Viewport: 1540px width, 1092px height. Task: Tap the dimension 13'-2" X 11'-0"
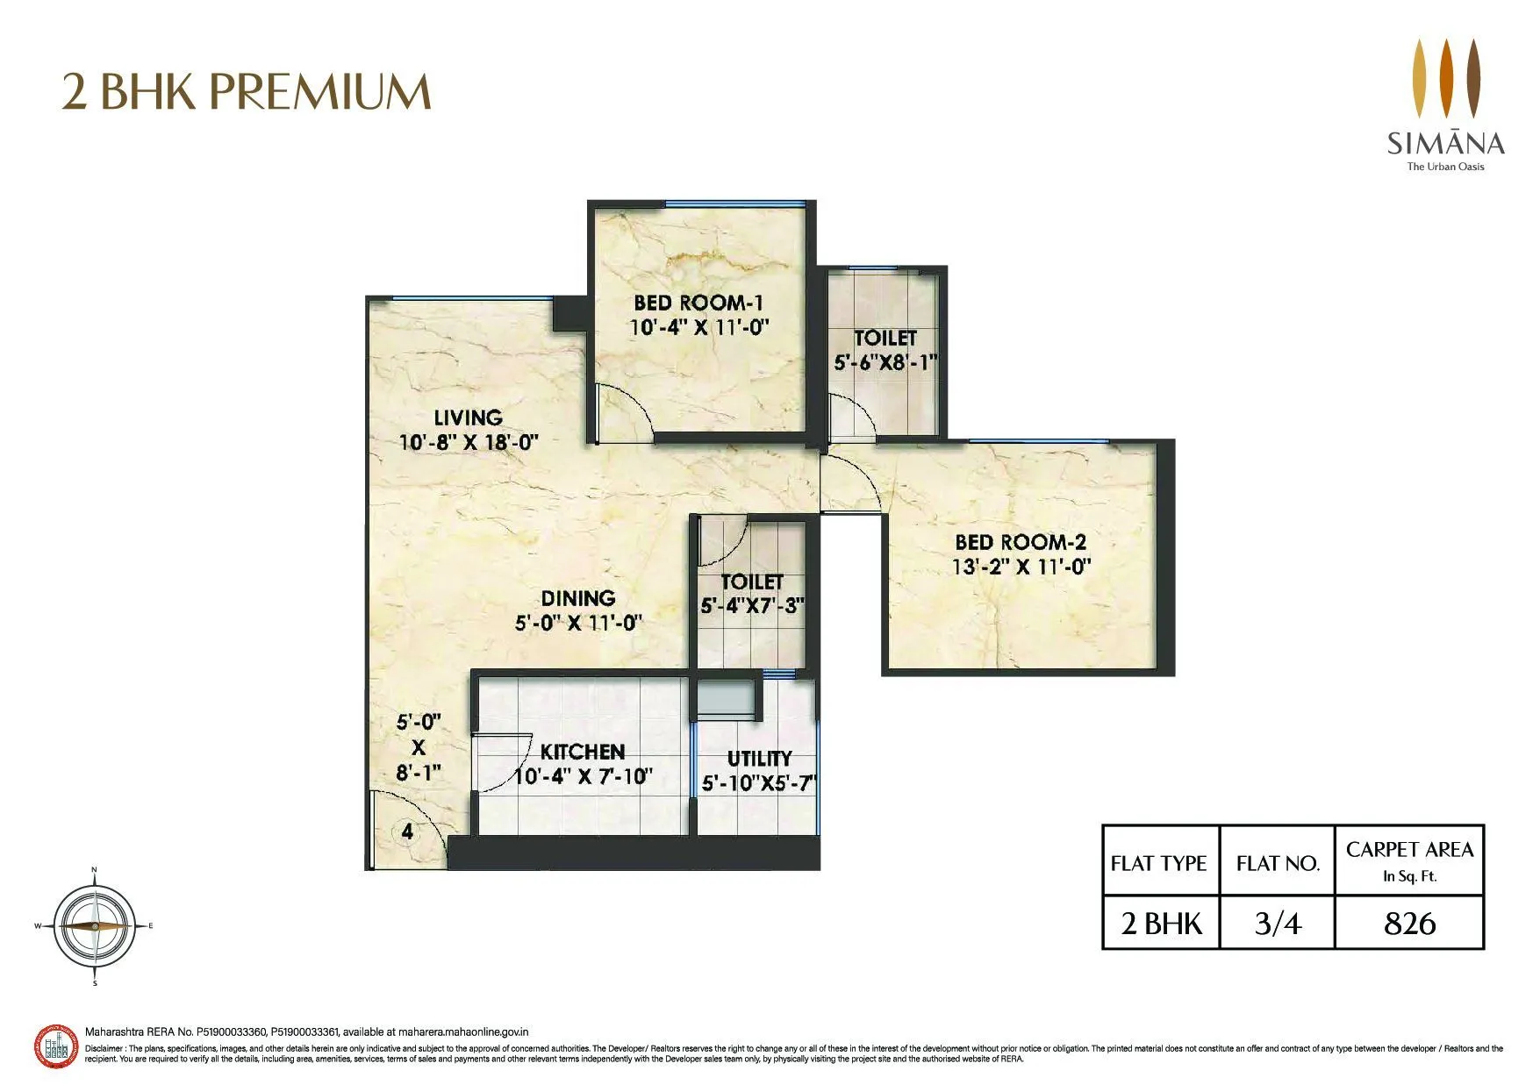1021,567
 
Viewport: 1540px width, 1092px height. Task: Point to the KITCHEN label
583,753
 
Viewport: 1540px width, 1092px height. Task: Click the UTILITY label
759,759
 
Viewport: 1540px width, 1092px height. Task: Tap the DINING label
577,599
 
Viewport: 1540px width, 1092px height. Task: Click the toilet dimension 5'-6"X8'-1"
885,361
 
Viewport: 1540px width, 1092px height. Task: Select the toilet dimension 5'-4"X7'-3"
752,605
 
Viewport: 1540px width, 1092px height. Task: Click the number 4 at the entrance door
407,831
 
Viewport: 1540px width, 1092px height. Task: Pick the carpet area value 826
1409,924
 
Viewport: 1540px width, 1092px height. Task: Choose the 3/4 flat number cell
1277,924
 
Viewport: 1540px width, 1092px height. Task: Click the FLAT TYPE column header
1159,863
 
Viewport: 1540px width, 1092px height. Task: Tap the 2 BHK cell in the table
1161,924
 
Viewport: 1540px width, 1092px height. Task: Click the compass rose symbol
94,926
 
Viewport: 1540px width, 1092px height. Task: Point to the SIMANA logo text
1445,143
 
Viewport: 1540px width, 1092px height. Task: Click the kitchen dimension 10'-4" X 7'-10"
583,777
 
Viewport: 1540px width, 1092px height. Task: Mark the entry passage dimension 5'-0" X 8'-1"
418,747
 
